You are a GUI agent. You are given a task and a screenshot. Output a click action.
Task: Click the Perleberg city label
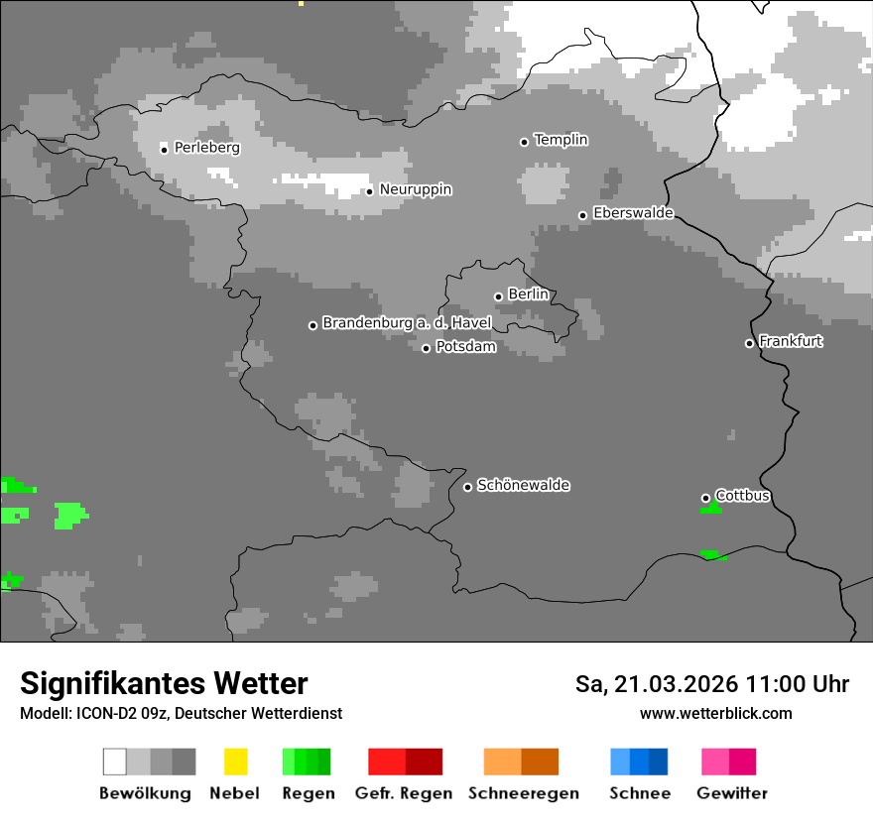pos(206,148)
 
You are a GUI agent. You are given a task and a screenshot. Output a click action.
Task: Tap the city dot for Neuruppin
pos(369,190)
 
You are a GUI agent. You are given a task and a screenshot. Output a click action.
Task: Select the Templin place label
pos(561,140)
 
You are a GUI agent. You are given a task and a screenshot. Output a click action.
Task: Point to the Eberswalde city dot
pos(582,215)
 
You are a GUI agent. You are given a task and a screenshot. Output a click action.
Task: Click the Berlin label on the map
pos(528,294)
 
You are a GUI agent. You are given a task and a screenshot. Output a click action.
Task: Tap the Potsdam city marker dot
pos(426,348)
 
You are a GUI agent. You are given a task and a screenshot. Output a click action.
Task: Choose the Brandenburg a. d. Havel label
pos(407,323)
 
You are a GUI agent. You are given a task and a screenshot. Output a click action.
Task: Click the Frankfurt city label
pos(791,341)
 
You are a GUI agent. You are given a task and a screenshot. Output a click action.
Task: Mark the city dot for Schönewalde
pos(467,487)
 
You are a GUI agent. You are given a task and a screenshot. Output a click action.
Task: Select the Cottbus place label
pos(742,496)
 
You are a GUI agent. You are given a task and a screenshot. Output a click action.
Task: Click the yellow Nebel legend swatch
pos(235,762)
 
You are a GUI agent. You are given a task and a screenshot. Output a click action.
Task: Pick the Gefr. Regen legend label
pos(403,793)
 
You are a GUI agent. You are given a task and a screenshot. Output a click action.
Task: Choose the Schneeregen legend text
pos(523,793)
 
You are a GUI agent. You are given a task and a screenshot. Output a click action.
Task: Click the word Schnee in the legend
pos(639,793)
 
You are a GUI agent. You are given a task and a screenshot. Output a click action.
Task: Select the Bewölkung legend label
pos(145,793)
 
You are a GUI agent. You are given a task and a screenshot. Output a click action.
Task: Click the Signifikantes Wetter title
pos(164,684)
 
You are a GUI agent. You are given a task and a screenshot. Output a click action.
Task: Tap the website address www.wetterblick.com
pos(715,714)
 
